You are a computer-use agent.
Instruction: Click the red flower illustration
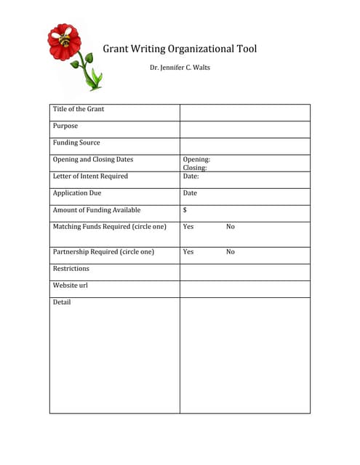(x=64, y=42)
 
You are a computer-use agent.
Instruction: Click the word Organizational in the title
(x=191, y=49)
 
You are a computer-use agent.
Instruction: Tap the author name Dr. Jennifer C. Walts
(x=180, y=68)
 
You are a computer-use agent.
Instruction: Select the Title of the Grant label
(x=79, y=109)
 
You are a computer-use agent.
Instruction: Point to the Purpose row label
(x=65, y=126)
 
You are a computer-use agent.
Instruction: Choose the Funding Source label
(x=76, y=142)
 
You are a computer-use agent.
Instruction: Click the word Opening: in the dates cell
(x=196, y=159)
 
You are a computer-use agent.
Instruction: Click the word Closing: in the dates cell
(x=195, y=168)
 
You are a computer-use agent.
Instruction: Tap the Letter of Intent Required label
(x=90, y=176)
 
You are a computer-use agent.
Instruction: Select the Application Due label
(x=77, y=193)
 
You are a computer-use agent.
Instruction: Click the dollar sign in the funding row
(x=185, y=210)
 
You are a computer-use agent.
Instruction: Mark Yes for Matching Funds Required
(x=188, y=227)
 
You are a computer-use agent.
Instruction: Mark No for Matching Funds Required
(x=231, y=227)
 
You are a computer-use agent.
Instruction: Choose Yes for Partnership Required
(x=188, y=252)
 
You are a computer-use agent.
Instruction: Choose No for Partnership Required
(x=231, y=252)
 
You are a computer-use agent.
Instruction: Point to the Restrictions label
(x=71, y=268)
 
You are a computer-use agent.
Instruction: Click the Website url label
(x=71, y=286)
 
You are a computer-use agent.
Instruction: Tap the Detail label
(x=62, y=302)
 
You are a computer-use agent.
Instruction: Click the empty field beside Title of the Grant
(x=244, y=112)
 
